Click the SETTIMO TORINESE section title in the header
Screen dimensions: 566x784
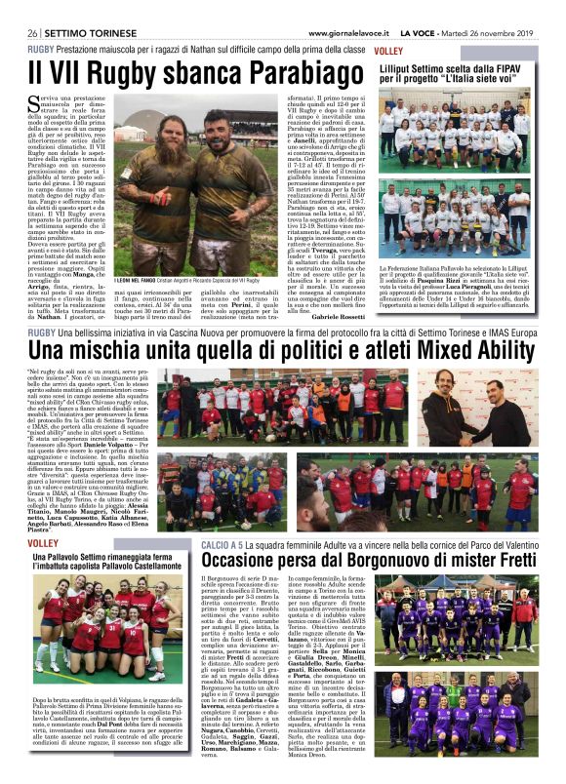77,32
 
